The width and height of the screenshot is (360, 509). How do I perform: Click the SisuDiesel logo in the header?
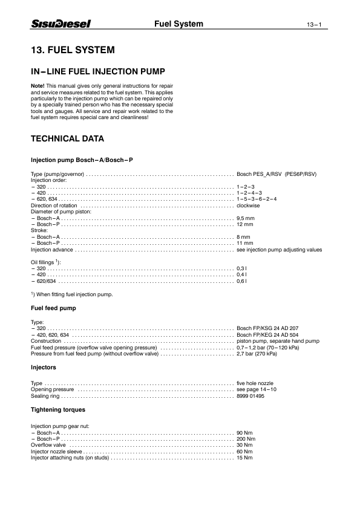[x=61, y=24]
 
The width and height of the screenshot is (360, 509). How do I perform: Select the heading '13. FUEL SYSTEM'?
[x=73, y=49]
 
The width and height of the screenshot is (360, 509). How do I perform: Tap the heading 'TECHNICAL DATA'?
[x=67, y=139]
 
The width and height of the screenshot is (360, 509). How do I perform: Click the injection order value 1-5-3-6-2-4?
[x=257, y=199]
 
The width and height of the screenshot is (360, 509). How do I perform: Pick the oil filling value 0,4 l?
[x=242, y=274]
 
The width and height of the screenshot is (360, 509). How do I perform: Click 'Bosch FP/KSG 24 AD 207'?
[x=267, y=328]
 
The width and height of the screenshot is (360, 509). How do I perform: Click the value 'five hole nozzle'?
[x=255, y=383]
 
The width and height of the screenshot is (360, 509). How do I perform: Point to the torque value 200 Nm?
[x=245, y=439]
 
